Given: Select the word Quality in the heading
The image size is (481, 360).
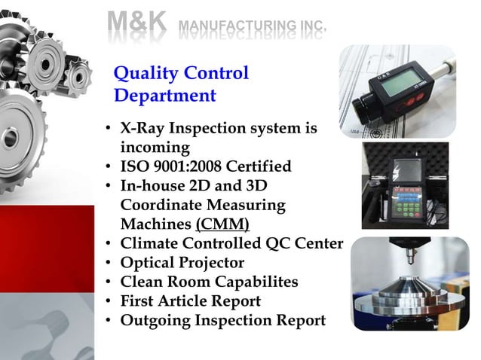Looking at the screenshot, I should [142, 74].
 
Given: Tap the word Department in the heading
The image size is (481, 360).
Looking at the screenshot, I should [165, 96].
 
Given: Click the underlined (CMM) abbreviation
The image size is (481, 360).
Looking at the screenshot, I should [222, 224].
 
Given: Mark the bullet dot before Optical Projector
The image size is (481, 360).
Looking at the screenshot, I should [110, 263].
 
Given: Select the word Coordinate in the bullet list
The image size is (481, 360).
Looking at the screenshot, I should [165, 205].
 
